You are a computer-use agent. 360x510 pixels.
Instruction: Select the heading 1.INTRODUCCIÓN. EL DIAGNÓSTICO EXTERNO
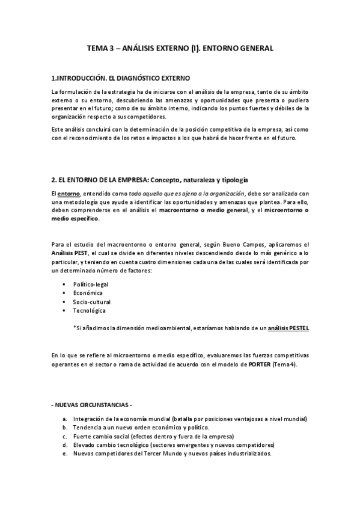(x=120, y=78)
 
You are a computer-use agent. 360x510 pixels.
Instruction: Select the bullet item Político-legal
(x=91, y=284)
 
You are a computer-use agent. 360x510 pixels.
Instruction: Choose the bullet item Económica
(x=88, y=293)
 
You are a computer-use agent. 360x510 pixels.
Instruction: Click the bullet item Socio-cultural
(x=92, y=302)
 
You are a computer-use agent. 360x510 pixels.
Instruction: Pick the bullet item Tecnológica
(x=90, y=311)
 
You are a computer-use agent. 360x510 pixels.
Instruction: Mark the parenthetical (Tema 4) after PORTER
(x=284, y=365)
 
